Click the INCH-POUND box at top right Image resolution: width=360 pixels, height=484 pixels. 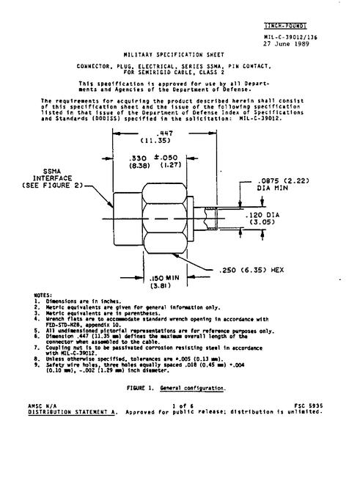click(285, 26)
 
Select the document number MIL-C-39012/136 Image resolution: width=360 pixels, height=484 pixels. click(290, 37)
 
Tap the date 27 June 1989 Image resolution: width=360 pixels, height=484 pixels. click(286, 44)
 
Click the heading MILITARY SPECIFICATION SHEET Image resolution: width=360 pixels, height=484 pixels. click(174, 55)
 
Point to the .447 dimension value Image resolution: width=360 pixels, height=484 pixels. click(164, 133)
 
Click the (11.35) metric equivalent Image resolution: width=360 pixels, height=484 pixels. click(155, 141)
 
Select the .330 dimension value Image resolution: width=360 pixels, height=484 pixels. click(138, 158)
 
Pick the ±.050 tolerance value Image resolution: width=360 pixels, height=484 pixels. click(166, 158)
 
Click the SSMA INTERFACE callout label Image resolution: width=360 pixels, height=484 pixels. click(53, 178)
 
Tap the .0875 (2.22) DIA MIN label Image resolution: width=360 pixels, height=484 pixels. click(283, 184)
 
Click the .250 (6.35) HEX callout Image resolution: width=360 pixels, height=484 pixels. click(251, 270)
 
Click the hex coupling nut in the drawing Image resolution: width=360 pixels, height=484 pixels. click(164, 219)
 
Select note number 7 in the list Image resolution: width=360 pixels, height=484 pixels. click(37, 348)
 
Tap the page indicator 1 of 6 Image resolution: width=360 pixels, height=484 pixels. click(183, 406)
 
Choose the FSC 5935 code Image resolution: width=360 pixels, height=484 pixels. click(309, 406)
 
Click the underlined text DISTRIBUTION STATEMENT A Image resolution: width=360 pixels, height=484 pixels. click(73, 412)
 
